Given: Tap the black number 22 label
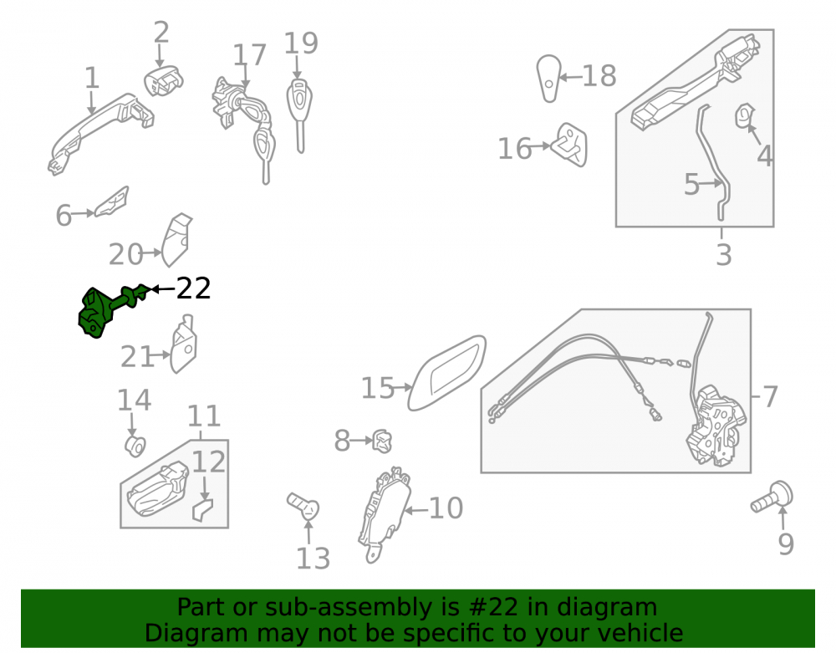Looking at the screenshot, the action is point(193,288).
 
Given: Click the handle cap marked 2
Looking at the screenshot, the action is point(163,82).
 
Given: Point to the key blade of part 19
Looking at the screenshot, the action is point(301,136).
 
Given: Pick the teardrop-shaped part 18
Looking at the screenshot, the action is point(548,79).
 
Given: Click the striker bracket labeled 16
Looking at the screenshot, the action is point(570,145).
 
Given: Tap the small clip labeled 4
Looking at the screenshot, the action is point(745,116).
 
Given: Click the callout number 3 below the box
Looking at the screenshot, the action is point(723,255).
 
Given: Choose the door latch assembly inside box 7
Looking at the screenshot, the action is point(716,426).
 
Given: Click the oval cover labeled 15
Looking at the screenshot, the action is point(446,373).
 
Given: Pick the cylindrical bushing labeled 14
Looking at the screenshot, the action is point(135,446).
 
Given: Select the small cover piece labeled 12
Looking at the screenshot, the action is point(202,510).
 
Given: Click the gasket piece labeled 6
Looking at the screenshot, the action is point(112,202).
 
